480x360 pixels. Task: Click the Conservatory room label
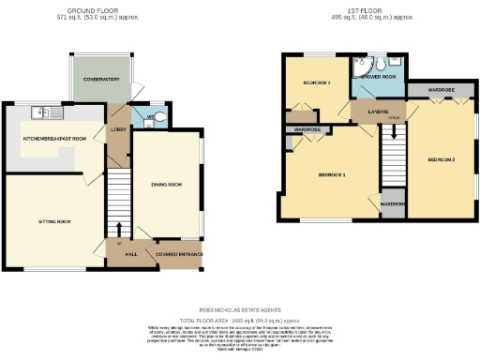click(x=100, y=80)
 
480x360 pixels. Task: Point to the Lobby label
click(x=119, y=128)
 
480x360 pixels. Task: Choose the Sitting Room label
click(x=54, y=221)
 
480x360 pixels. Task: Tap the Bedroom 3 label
click(x=316, y=83)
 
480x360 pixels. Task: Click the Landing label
click(x=380, y=112)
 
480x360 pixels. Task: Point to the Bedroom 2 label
click(x=441, y=159)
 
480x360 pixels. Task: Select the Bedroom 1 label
click(x=331, y=175)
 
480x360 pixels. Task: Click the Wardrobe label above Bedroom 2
click(x=442, y=91)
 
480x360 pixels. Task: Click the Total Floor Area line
click(x=241, y=319)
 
